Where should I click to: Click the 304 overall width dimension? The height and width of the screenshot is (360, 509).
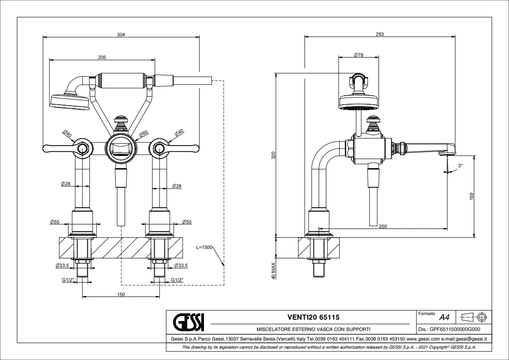coord(121,34)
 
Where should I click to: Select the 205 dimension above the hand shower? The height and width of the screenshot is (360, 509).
coord(102,57)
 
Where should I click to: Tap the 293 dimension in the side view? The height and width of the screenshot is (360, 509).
coord(380,34)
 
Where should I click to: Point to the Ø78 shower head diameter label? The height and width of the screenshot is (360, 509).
coord(358,55)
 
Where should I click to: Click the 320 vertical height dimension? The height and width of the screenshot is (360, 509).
coord(273,155)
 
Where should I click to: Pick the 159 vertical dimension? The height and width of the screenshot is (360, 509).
coord(471,196)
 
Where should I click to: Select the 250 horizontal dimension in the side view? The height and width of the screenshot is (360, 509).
coord(383,226)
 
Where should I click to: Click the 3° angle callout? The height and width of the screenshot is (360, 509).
coord(461,166)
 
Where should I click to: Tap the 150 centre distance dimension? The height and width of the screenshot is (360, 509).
coord(121,294)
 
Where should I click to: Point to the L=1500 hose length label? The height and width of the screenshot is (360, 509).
coord(204,248)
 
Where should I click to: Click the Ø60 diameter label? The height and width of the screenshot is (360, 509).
coord(143,134)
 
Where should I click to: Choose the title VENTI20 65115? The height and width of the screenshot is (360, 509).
coord(313,317)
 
